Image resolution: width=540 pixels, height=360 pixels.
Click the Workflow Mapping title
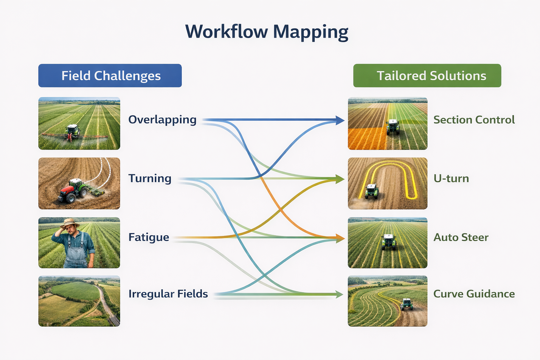click(266, 32)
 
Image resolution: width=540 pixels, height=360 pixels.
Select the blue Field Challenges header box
click(110, 76)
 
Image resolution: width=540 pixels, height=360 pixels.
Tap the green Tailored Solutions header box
click(427, 76)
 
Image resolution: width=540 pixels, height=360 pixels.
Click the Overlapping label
click(162, 120)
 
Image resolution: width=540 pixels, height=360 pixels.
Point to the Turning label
click(150, 179)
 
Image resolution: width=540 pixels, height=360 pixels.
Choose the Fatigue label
click(149, 237)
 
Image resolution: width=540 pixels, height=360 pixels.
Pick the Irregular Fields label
click(168, 294)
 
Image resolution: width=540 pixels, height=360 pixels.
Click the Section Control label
click(474, 120)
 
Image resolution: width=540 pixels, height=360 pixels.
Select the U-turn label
click(451, 179)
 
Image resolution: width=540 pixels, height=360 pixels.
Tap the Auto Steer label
click(461, 237)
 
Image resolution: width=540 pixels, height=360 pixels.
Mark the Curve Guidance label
click(474, 294)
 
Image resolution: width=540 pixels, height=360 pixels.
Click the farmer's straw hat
click(70, 223)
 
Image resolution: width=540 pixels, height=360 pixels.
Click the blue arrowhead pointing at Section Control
click(340, 120)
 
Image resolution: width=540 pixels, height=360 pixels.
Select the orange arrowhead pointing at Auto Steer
click(340, 238)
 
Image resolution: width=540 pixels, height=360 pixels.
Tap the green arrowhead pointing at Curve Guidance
click(339, 294)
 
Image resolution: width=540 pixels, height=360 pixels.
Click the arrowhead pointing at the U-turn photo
click(340, 179)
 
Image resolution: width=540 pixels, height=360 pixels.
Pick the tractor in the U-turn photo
click(372, 191)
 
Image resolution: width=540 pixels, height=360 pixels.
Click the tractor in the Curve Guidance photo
click(406, 304)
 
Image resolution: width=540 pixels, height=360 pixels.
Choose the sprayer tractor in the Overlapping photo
click(72, 131)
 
